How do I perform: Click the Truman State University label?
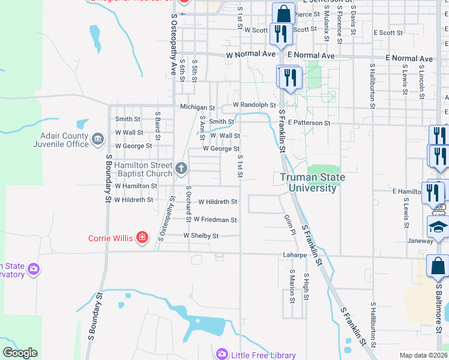(309, 182)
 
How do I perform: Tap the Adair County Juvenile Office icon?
(98, 140)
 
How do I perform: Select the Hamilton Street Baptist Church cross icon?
(182, 169)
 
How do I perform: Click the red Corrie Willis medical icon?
(142, 238)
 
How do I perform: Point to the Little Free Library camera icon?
(222, 355)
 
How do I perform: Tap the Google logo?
(20, 353)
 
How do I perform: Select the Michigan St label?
(197, 107)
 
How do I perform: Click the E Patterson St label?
(309, 122)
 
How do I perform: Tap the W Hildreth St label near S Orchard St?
(217, 202)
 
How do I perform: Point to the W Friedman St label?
(215, 220)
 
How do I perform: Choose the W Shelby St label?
(200, 236)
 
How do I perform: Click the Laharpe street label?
(295, 254)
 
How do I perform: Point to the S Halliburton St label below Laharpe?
(373, 324)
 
